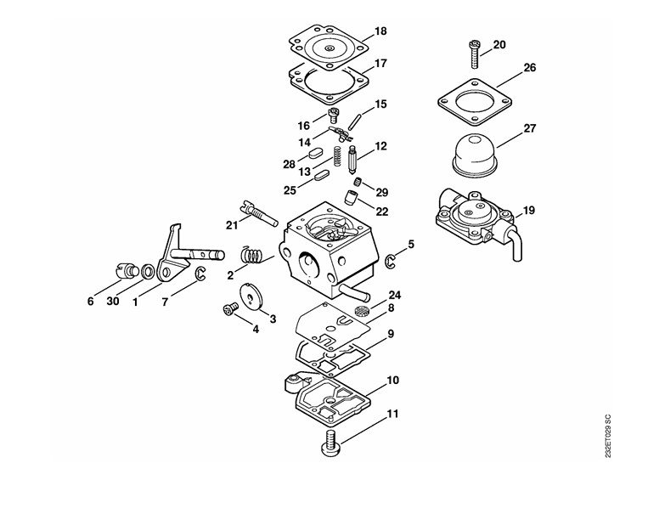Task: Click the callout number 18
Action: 380,31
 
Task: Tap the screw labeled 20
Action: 472,53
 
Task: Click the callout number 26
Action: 529,68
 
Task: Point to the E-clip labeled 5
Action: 391,260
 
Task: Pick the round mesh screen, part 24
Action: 362,312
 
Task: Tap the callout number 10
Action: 392,381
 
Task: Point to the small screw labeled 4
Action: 229,311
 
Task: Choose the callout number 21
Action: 231,224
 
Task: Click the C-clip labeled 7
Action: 200,273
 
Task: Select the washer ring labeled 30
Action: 148,272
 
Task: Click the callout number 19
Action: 529,210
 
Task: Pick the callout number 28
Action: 289,163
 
